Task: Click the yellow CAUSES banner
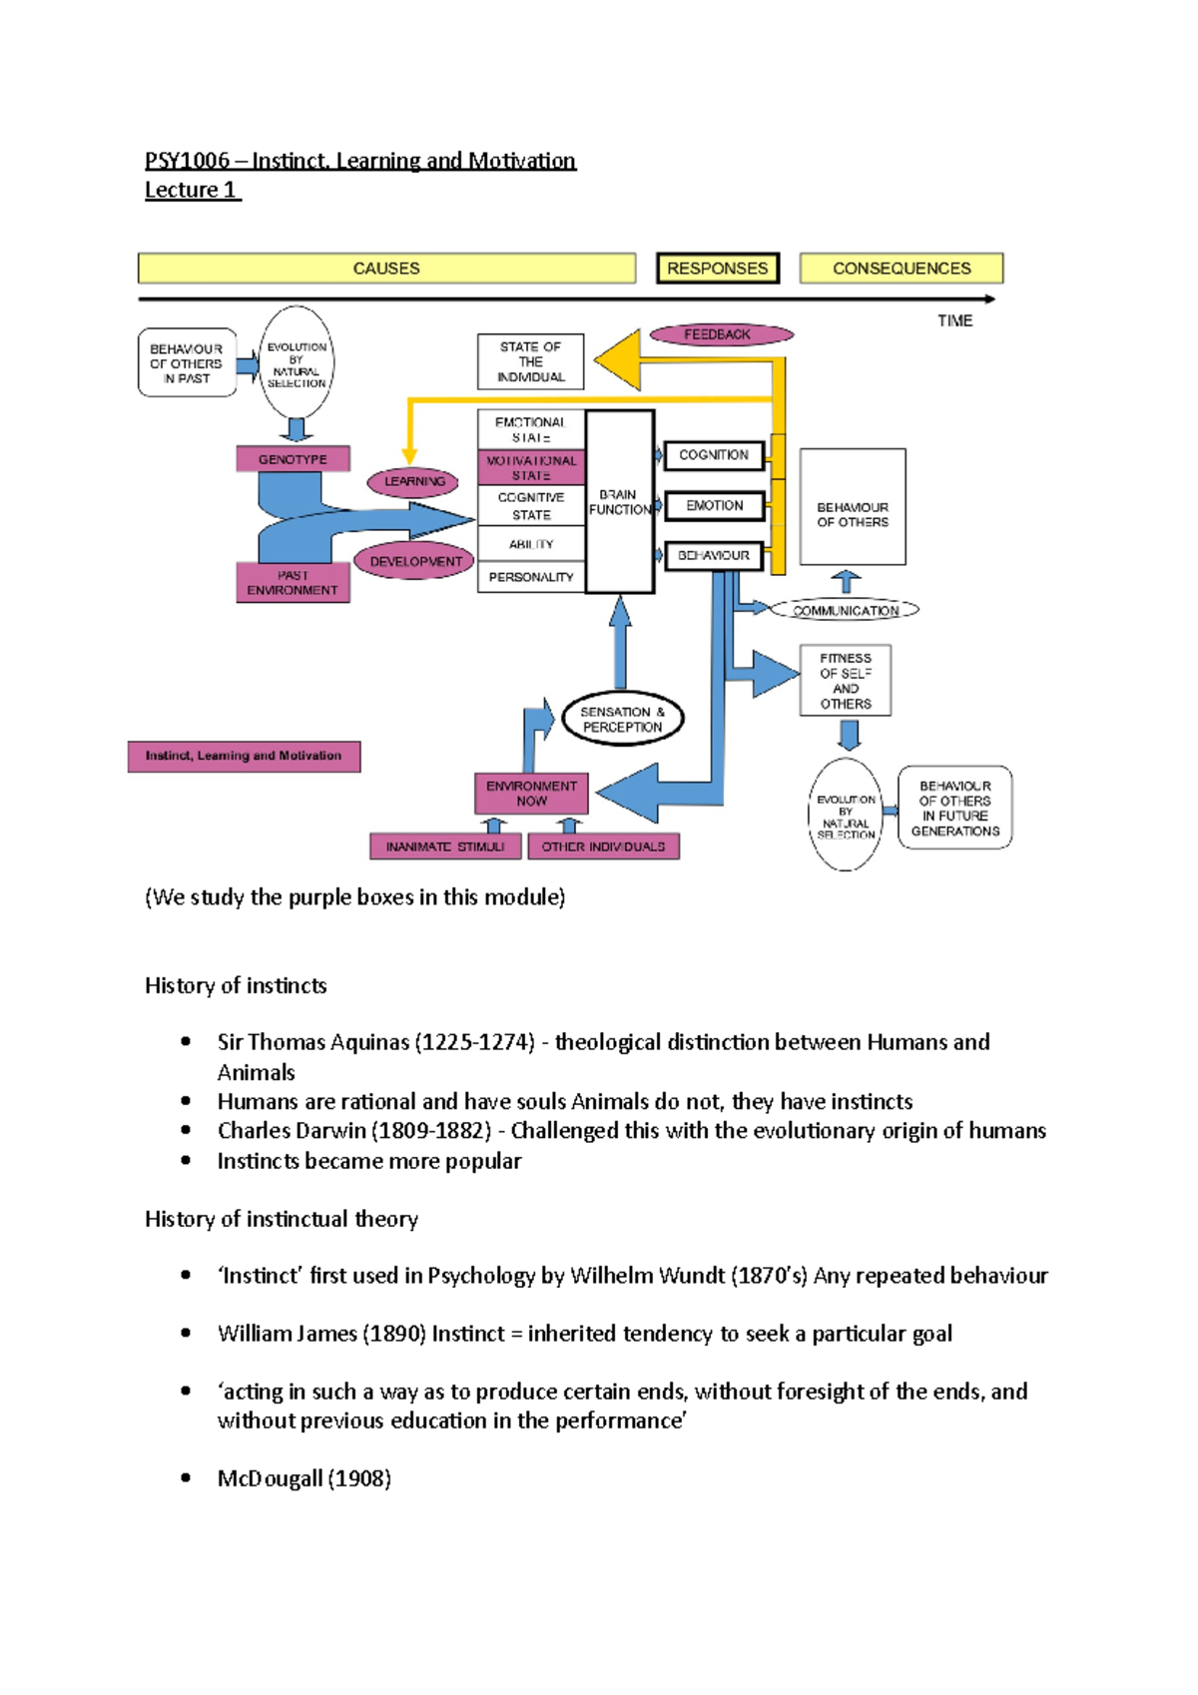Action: tap(386, 269)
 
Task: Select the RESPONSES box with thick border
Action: tap(717, 269)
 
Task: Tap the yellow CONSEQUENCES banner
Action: tap(900, 269)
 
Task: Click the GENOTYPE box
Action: tap(293, 459)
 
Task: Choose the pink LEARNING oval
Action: tap(413, 481)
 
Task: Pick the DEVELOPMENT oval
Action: tap(415, 562)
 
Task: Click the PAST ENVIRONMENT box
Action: tap(293, 583)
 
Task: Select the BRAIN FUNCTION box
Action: tap(619, 502)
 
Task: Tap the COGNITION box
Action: tap(713, 455)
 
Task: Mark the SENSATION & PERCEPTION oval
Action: tap(622, 719)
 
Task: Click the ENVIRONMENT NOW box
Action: tap(531, 794)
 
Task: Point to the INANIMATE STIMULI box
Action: tap(445, 847)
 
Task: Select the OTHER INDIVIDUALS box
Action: tap(603, 847)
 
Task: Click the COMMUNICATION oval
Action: tap(845, 610)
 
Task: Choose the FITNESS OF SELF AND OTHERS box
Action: tap(845, 681)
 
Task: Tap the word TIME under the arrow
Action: tap(954, 320)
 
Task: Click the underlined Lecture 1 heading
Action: tap(191, 190)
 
